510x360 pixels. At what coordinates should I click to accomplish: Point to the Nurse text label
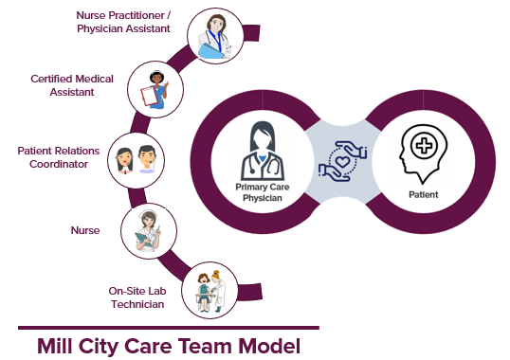[84, 230]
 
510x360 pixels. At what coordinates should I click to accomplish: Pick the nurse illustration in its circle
[146, 228]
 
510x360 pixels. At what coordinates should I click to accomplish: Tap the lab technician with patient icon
[208, 288]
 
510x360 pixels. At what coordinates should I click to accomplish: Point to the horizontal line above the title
[169, 328]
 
